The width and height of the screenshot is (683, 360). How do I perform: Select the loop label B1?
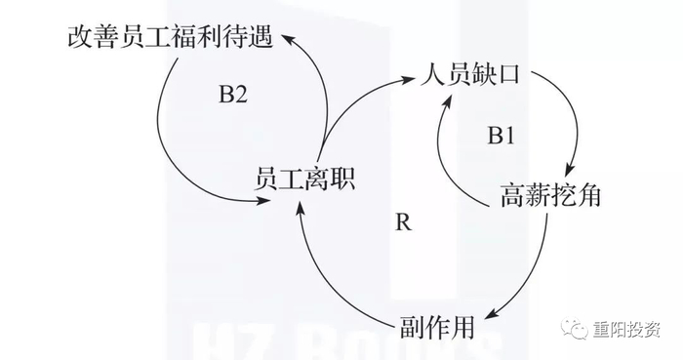[x=501, y=137]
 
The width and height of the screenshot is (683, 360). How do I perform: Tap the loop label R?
[x=403, y=221]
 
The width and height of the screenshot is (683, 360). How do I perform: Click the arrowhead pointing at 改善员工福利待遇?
[x=287, y=38]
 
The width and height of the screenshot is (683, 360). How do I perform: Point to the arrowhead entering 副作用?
[x=491, y=314]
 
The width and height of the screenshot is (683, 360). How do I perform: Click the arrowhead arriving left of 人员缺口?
[x=405, y=77]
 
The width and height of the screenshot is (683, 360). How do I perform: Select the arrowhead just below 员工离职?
[x=299, y=208]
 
